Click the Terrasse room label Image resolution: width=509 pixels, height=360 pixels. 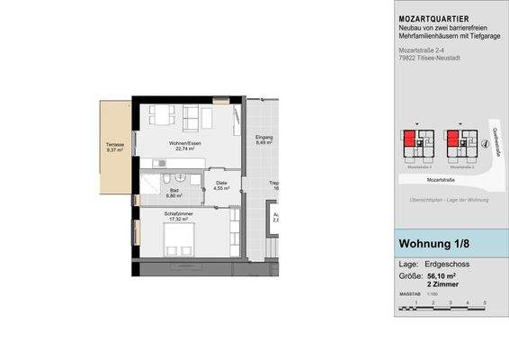pos(113,145)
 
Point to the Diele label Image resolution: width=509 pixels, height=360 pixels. pos(221,184)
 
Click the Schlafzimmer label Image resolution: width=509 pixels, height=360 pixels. pos(180,213)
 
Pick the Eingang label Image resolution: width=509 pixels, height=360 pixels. pos(263,137)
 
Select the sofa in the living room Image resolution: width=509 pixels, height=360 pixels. pos(195,116)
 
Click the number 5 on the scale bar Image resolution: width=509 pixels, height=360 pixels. pos(485,303)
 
